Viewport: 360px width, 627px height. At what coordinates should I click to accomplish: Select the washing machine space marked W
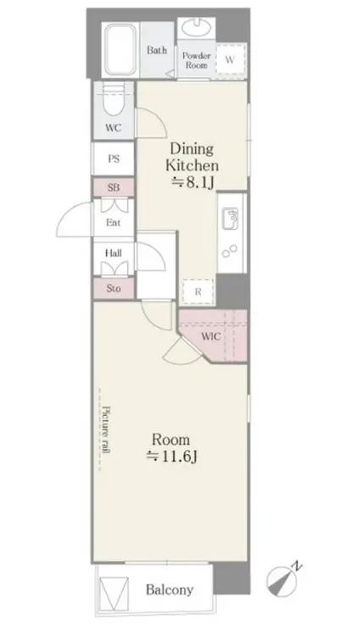[x=230, y=60]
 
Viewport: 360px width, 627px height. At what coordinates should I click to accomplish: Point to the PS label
[x=114, y=158]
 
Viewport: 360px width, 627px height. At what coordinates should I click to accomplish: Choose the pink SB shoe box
[x=114, y=187]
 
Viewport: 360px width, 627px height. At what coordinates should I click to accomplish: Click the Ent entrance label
[x=114, y=223]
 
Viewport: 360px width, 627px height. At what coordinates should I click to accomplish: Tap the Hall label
[x=114, y=253]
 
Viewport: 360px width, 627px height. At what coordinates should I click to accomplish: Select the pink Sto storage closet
[x=114, y=288]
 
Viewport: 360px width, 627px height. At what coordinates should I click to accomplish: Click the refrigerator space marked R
[x=198, y=292]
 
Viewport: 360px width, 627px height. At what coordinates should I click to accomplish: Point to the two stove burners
[x=230, y=252]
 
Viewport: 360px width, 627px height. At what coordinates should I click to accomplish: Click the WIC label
[x=211, y=336]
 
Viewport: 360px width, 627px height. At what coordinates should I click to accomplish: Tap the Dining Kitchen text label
[x=192, y=157]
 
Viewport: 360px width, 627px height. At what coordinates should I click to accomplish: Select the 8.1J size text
[x=193, y=182]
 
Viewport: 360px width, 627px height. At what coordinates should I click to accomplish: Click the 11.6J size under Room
[x=171, y=456]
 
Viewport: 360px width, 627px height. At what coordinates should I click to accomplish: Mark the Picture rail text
[x=106, y=430]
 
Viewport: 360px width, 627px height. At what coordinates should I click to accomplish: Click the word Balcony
[x=169, y=590]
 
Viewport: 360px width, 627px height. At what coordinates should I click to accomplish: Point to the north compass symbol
[x=283, y=579]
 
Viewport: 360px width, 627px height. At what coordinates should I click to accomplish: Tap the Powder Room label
[x=197, y=60]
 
